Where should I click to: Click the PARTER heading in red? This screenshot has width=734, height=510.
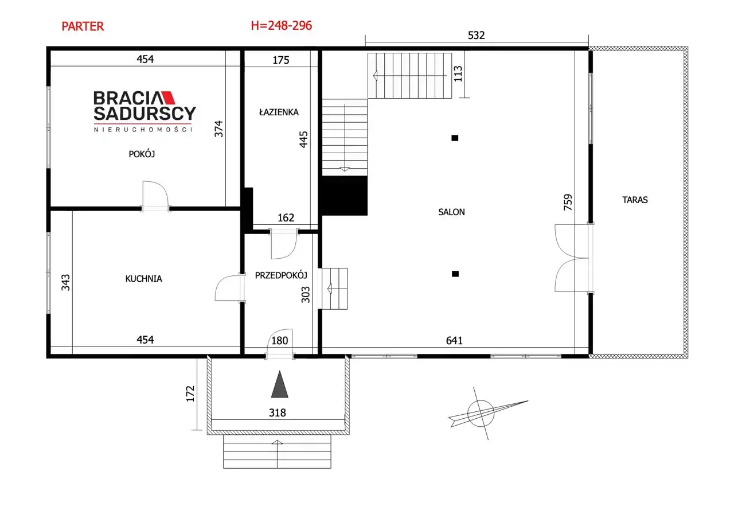click(x=83, y=26)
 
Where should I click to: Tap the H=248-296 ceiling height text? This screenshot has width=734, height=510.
click(x=282, y=26)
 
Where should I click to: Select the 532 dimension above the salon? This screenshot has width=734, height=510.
click(x=476, y=35)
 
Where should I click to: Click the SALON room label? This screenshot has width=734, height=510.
click(x=451, y=212)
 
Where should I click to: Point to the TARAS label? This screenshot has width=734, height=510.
click(x=635, y=200)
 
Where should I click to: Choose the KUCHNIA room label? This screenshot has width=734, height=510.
click(x=143, y=279)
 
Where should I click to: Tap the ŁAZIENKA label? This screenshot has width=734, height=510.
click(x=279, y=112)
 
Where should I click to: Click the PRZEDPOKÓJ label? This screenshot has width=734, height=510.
click(x=281, y=275)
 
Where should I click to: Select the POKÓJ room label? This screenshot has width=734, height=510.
click(x=142, y=154)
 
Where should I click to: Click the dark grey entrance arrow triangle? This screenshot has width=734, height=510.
click(x=279, y=385)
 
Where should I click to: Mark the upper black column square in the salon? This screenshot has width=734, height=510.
click(x=455, y=138)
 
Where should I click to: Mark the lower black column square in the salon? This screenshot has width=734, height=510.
click(x=455, y=274)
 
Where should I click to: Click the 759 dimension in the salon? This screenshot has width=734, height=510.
click(x=568, y=203)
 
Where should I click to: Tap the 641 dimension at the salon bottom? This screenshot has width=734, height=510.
click(x=455, y=341)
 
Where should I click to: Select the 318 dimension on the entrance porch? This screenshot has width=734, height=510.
click(x=278, y=412)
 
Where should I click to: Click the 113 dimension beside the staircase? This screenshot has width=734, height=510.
click(x=458, y=74)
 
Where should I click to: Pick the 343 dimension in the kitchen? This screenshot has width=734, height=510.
click(x=65, y=282)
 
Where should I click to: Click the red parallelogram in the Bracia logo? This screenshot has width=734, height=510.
click(x=169, y=98)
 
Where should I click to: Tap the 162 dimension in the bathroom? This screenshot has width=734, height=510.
click(x=286, y=217)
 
